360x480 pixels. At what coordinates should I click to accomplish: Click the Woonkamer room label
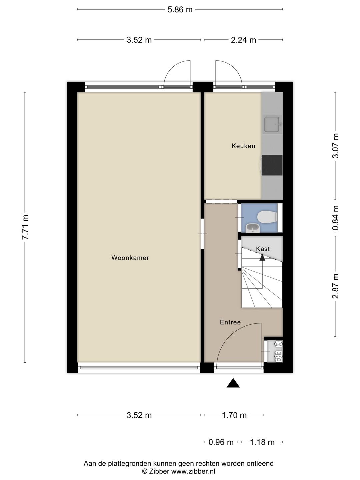click(x=130, y=258)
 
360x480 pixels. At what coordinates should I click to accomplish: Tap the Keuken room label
click(x=243, y=146)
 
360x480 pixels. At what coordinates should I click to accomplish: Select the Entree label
click(x=230, y=322)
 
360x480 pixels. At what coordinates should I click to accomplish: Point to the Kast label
click(x=263, y=249)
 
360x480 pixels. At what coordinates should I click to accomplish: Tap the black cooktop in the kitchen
click(x=272, y=165)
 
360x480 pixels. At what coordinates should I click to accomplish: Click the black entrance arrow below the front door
click(x=233, y=383)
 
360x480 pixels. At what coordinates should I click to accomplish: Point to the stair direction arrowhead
click(x=262, y=257)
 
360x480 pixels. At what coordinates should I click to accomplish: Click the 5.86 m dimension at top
click(x=180, y=10)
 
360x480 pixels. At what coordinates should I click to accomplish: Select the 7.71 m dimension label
click(x=25, y=227)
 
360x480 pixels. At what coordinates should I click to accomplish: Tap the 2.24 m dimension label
click(x=243, y=40)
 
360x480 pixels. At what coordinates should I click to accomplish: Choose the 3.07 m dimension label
click(x=336, y=146)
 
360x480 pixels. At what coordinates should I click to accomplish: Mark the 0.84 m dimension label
click(x=336, y=218)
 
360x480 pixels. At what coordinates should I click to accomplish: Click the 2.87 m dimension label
click(x=336, y=286)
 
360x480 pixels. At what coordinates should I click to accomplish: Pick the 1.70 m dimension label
click(x=234, y=415)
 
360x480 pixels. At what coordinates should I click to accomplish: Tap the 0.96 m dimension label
click(x=221, y=442)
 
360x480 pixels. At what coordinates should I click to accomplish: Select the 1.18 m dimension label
click(x=262, y=442)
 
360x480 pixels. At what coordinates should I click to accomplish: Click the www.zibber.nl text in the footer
click(x=193, y=471)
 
